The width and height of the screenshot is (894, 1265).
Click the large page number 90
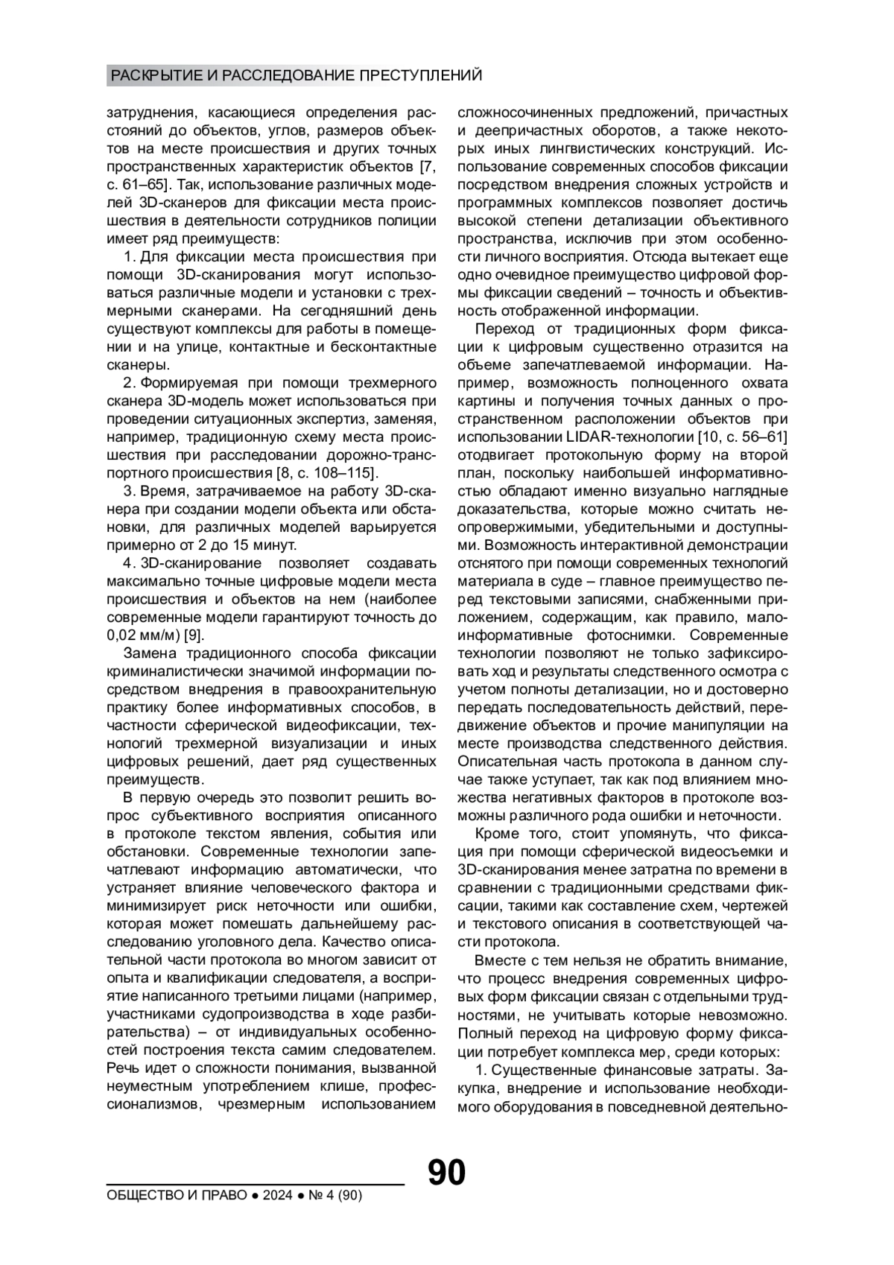446,1173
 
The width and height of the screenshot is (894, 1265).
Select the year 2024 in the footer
276,1196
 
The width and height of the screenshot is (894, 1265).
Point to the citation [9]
194,635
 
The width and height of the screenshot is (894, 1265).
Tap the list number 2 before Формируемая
127,383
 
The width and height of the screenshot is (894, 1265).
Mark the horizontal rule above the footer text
255,1183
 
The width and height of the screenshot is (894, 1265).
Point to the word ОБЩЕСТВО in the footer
140,1196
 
